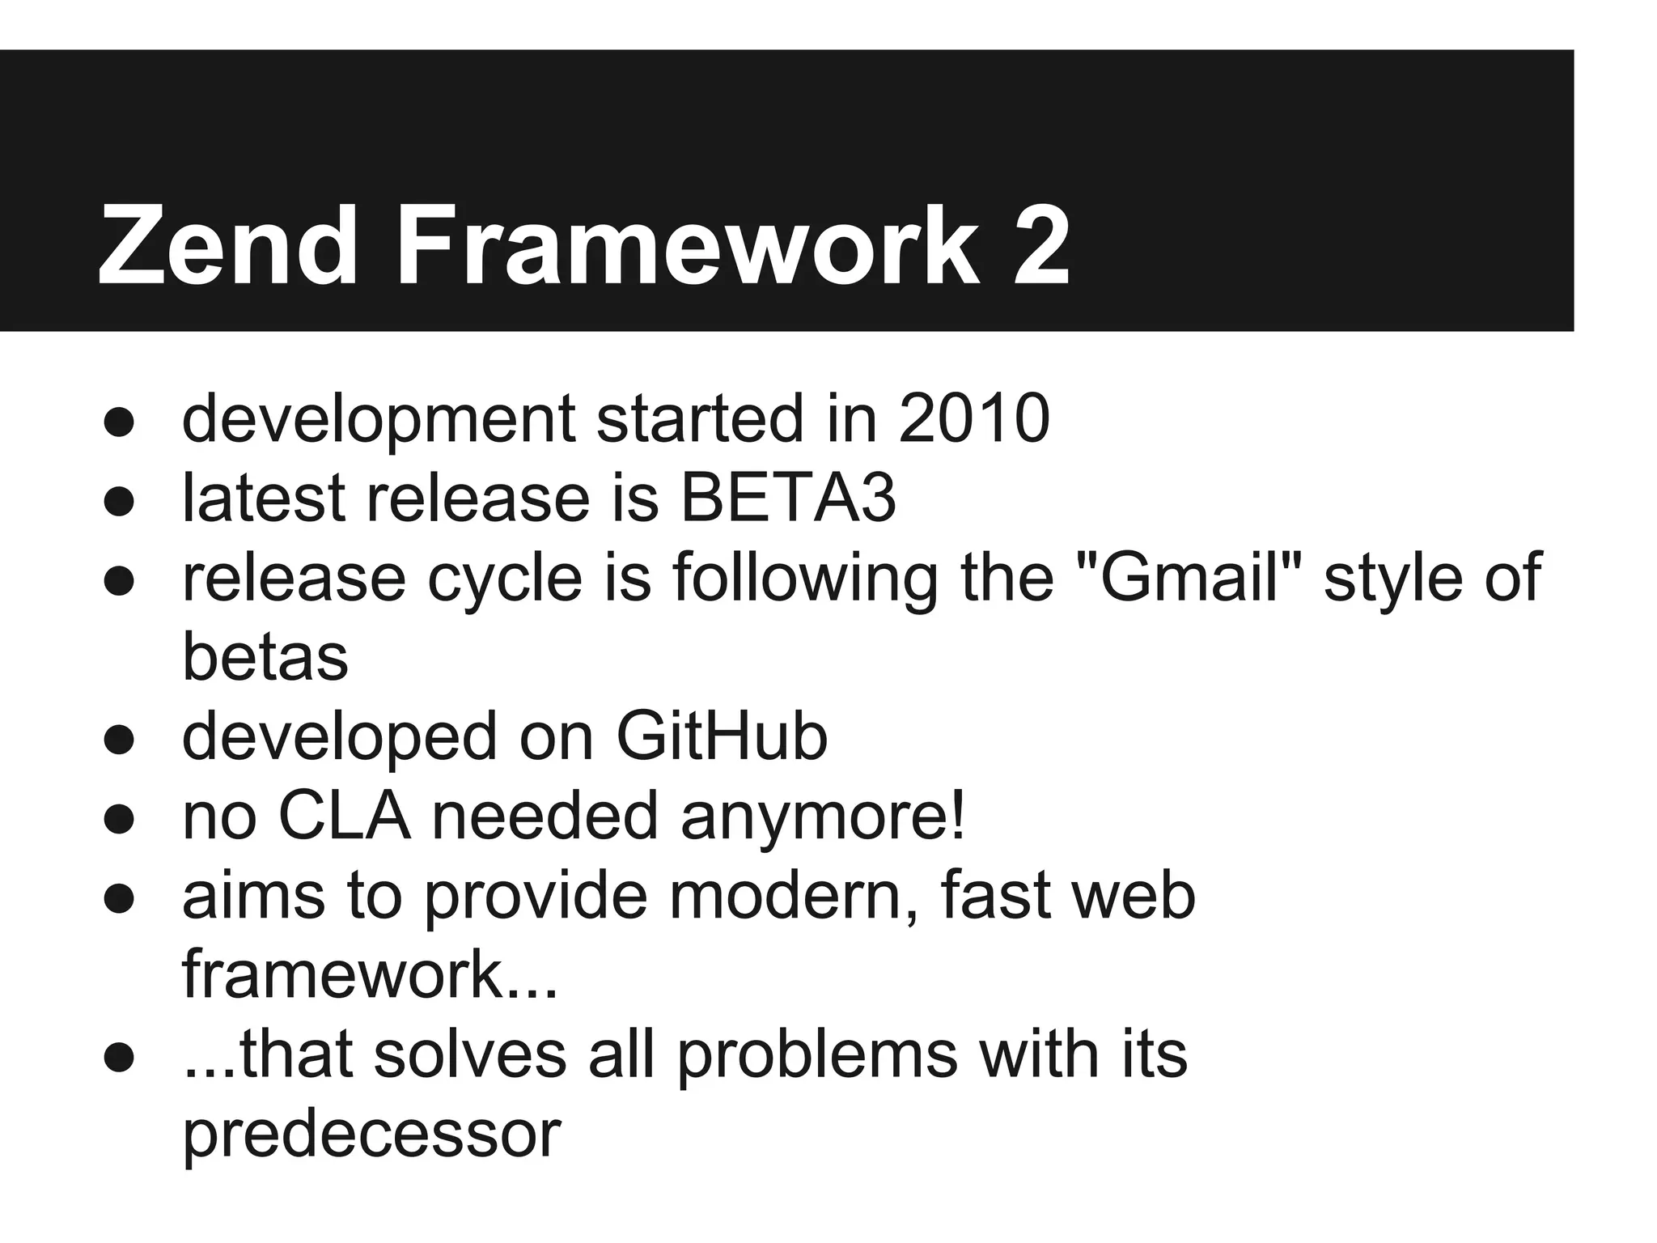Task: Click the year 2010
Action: tap(974, 418)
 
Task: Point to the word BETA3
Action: tap(788, 498)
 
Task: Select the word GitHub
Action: tap(722, 736)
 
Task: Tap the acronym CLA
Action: tap(344, 816)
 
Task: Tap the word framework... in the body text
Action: tap(370, 975)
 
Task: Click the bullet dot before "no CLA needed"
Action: tap(118, 820)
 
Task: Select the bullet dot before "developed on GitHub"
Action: tap(118, 740)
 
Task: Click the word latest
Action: tap(264, 498)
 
